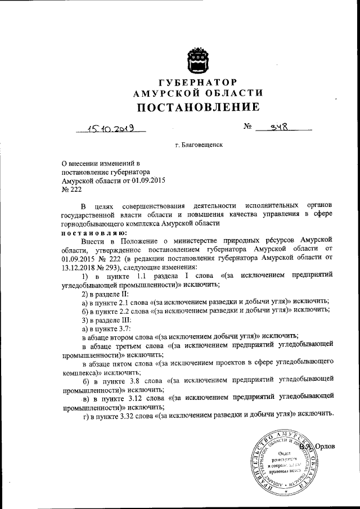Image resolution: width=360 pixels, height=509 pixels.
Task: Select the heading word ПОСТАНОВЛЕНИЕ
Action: click(197, 107)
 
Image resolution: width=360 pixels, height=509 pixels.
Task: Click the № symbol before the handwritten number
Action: click(247, 128)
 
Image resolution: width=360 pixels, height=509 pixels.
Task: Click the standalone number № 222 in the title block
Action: click(71, 190)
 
